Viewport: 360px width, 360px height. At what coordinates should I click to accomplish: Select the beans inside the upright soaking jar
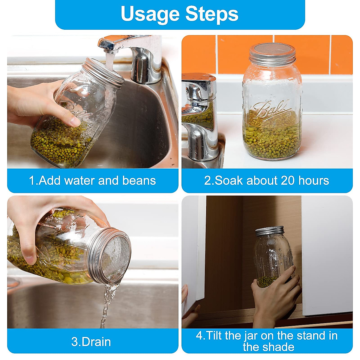(x=271, y=135)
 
